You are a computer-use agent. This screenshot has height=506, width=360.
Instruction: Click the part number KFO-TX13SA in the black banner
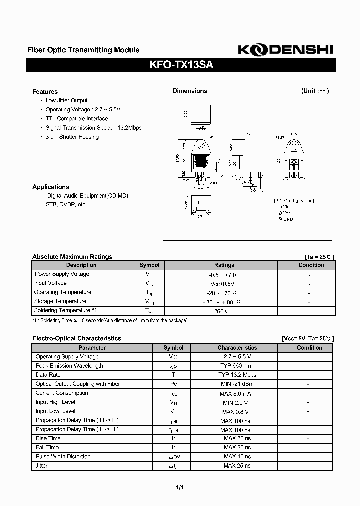click(182, 65)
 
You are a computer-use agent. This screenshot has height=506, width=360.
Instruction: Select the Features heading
click(45, 92)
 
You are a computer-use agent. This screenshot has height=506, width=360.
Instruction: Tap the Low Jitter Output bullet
click(66, 101)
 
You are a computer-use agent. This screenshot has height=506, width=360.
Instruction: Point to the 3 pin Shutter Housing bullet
click(72, 137)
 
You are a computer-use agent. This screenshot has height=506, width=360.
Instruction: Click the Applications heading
click(50, 187)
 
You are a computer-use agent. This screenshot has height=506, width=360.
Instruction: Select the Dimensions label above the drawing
click(190, 91)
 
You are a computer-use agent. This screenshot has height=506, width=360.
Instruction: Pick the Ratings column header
click(224, 265)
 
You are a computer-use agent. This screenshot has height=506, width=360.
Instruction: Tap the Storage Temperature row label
click(60, 301)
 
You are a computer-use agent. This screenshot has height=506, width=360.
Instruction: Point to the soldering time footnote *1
click(110, 320)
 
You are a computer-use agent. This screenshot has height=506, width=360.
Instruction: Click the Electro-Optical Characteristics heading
click(77, 338)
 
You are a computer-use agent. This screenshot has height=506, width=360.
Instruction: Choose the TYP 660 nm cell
click(237, 366)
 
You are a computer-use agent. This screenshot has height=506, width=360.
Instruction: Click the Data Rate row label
click(48, 375)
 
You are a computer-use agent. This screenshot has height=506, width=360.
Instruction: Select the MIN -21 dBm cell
click(237, 384)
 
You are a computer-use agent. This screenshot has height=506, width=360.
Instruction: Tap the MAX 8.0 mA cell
click(237, 393)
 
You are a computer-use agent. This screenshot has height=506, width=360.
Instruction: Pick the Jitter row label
click(42, 465)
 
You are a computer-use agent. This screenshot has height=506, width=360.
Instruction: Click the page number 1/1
click(180, 488)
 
